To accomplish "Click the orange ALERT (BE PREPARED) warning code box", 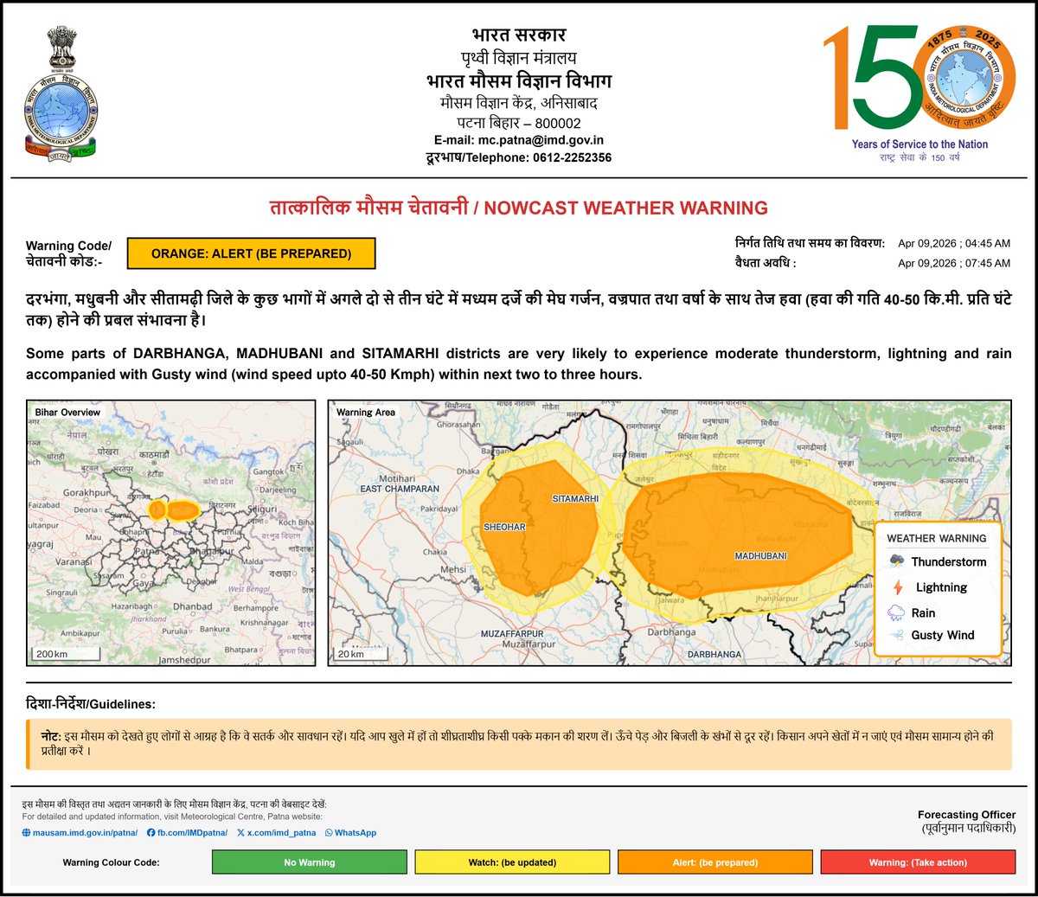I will (251, 253).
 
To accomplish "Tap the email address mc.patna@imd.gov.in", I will (541, 140).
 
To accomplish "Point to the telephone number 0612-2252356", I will (572, 157).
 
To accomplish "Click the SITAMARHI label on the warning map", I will (575, 499).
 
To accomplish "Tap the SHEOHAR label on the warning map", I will (504, 527).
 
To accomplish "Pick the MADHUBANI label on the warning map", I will (760, 556).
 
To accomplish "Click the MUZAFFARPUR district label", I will (512, 634).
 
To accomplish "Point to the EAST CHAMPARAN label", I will (400, 489).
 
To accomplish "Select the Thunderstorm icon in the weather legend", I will (897, 561).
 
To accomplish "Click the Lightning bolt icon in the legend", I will (897, 587).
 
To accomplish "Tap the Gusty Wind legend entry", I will (942, 635).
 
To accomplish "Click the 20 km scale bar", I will (350, 655).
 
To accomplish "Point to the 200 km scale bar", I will (52, 655).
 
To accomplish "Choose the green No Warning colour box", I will (309, 862).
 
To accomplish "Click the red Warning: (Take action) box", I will (917, 862).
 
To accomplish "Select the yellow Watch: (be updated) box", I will (512, 862).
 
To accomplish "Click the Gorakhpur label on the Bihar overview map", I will (86, 493).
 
